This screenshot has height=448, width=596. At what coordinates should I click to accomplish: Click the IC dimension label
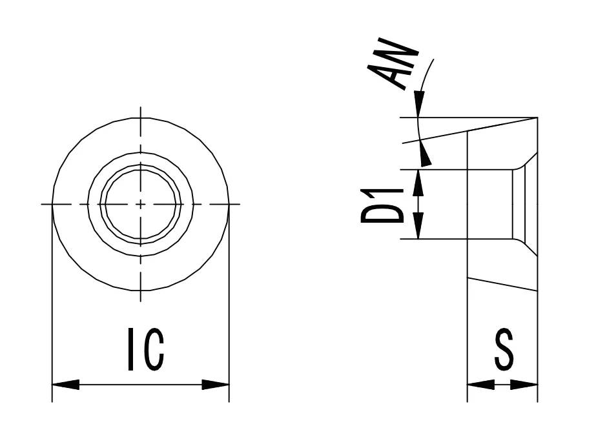145,349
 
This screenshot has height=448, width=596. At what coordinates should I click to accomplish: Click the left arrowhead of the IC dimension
65,385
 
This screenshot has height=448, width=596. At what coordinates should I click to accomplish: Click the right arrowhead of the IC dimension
216,385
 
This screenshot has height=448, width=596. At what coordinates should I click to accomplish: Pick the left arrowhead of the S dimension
480,385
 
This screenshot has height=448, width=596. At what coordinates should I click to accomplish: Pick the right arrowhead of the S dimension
524,385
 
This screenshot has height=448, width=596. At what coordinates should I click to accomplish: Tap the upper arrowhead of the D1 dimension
418,183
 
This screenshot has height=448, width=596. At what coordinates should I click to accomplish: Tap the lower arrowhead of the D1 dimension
418,226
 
